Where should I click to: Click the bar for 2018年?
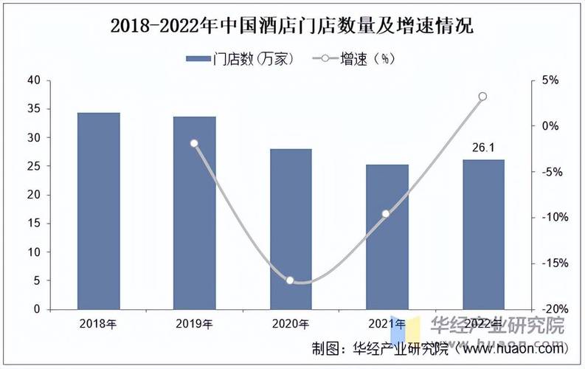[98, 211]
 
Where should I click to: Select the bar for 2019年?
[195, 213]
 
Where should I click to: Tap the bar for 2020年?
[291, 229]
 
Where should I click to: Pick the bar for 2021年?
[387, 237]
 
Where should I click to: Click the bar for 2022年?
[483, 235]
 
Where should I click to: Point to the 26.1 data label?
[483, 148]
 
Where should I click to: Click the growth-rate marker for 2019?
[195, 143]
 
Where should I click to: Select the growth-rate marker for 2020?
[290, 280]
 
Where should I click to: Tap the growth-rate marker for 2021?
[386, 213]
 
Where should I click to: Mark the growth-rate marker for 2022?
[482, 97]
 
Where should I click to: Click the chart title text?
[292, 27]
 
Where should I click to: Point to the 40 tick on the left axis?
[33, 80]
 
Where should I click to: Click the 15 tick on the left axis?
[33, 224]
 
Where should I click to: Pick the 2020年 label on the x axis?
[291, 324]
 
